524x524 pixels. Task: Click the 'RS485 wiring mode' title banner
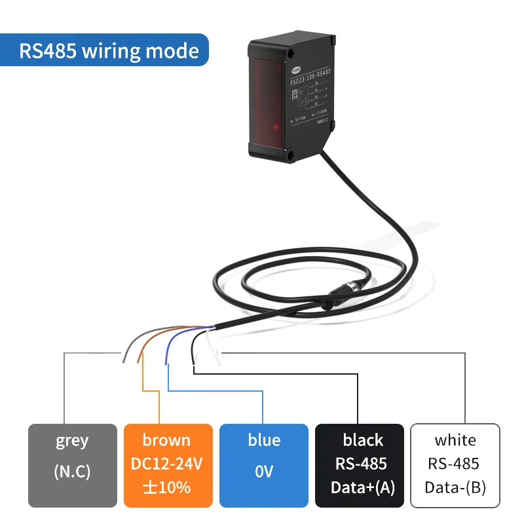pyautogui.click(x=109, y=51)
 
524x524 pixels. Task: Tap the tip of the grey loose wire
pyautogui.click(x=122, y=358)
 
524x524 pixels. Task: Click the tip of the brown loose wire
pyautogui.click(x=138, y=361)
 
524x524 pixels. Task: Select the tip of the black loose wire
pyautogui.click(x=194, y=364)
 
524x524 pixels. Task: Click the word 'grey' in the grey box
pyautogui.click(x=72, y=440)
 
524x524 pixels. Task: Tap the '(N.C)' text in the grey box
pyautogui.click(x=72, y=472)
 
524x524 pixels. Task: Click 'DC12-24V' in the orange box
pyautogui.click(x=168, y=464)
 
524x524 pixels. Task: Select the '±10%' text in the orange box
pyautogui.click(x=168, y=487)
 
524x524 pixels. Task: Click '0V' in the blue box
pyautogui.click(x=263, y=472)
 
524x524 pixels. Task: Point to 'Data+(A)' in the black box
pyautogui.click(x=359, y=487)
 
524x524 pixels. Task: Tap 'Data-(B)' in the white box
pyautogui.click(x=455, y=487)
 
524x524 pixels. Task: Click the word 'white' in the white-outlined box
pyautogui.click(x=455, y=440)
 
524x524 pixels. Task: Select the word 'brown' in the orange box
pyautogui.click(x=168, y=440)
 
